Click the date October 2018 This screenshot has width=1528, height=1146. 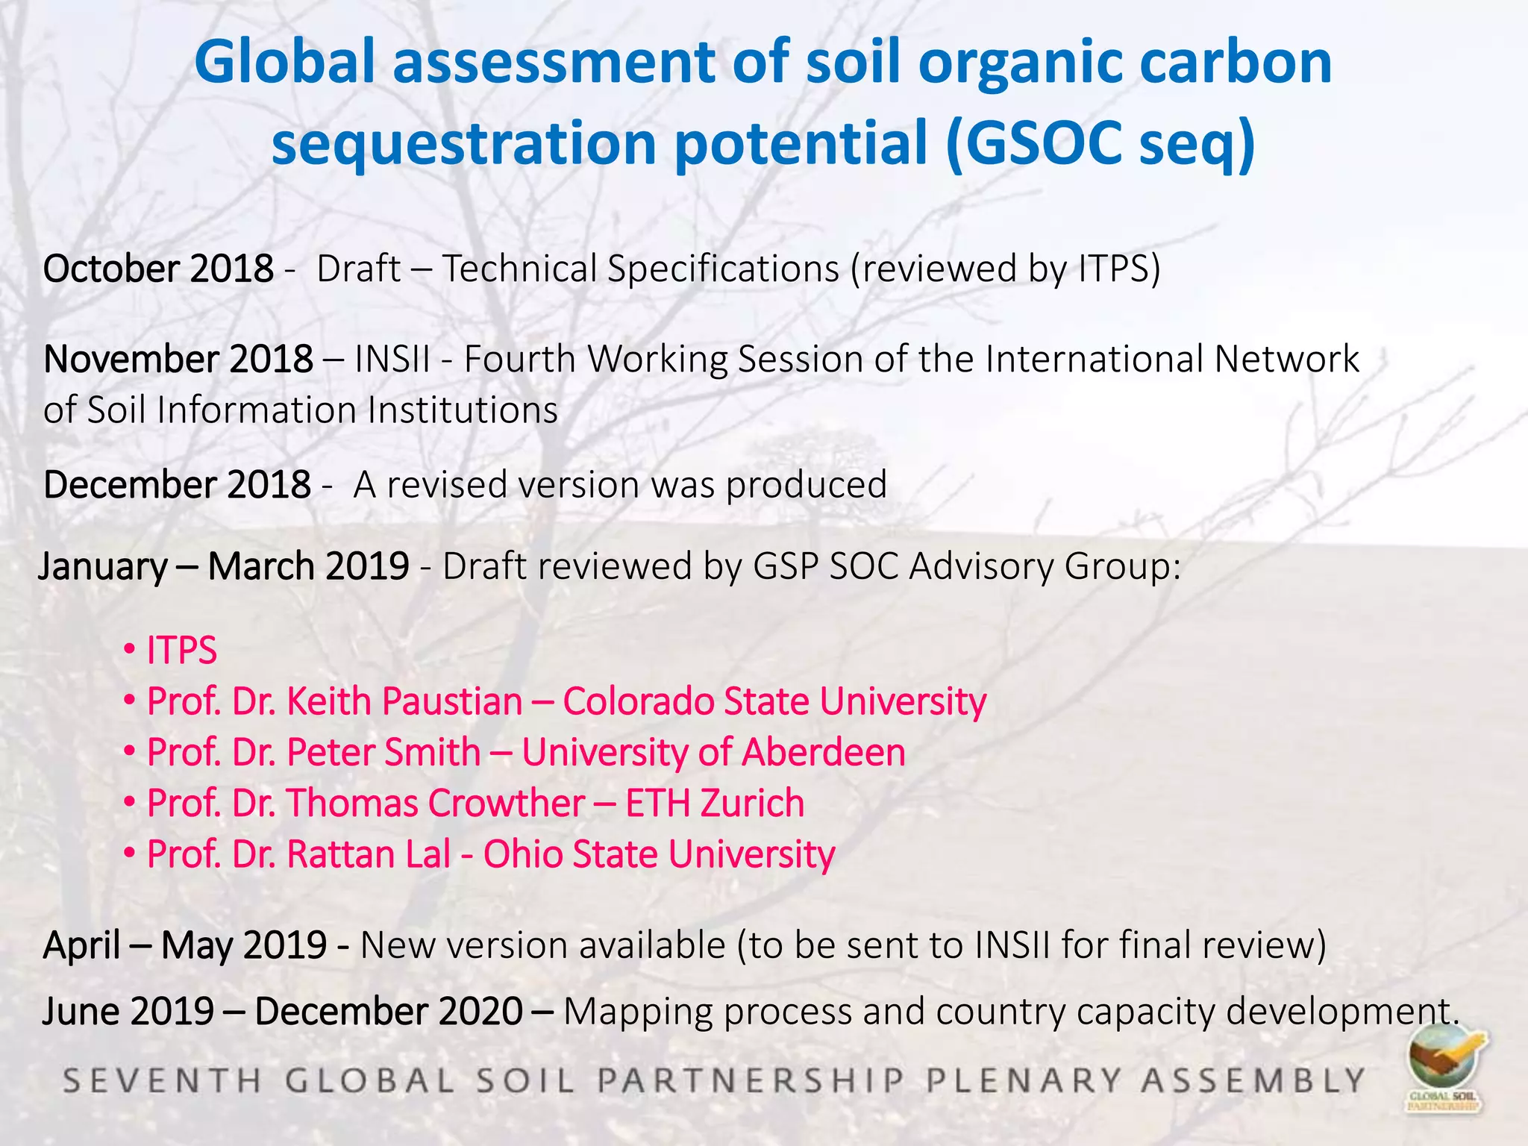tap(158, 269)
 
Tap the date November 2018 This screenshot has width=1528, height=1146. tap(178, 359)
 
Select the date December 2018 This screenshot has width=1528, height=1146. tap(177, 485)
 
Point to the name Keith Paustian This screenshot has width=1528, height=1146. tap(404, 702)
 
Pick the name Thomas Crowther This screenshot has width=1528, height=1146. tap(436, 804)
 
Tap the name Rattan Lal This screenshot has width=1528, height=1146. tap(369, 854)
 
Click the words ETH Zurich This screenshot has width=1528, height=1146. tap(715, 804)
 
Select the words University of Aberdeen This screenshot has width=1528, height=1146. tap(713, 753)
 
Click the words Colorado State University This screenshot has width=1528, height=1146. tap(774, 702)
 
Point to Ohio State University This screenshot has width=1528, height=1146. tap(659, 854)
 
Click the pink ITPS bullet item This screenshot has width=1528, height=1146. tap(181, 651)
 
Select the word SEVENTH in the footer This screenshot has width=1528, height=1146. tap(162, 1080)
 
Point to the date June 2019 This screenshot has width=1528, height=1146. tap(128, 1012)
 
